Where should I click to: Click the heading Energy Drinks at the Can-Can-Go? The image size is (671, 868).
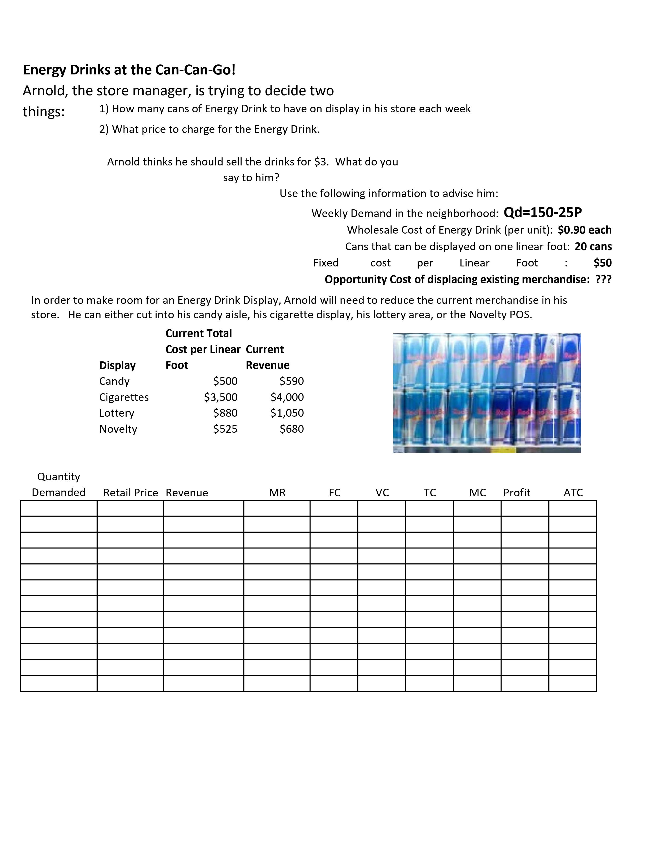pyautogui.click(x=129, y=70)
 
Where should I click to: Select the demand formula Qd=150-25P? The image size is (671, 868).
pyautogui.click(x=543, y=213)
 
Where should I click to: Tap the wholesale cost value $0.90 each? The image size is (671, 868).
pyautogui.click(x=584, y=230)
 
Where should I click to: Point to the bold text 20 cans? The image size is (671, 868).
pyautogui.click(x=593, y=247)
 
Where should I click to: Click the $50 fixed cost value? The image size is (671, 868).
pyautogui.click(x=602, y=263)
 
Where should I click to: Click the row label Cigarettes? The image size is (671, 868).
pyautogui.click(x=124, y=397)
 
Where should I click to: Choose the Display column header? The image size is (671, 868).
pyautogui.click(x=117, y=365)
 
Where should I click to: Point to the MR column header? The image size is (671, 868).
pyautogui.click(x=277, y=493)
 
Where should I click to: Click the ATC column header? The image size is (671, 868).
pyautogui.click(x=573, y=493)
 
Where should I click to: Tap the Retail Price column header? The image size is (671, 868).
pyautogui.click(x=130, y=493)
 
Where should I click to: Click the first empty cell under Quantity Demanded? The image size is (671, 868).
pyautogui.click(x=58, y=508)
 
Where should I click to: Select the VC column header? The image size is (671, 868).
pyautogui.click(x=382, y=493)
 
